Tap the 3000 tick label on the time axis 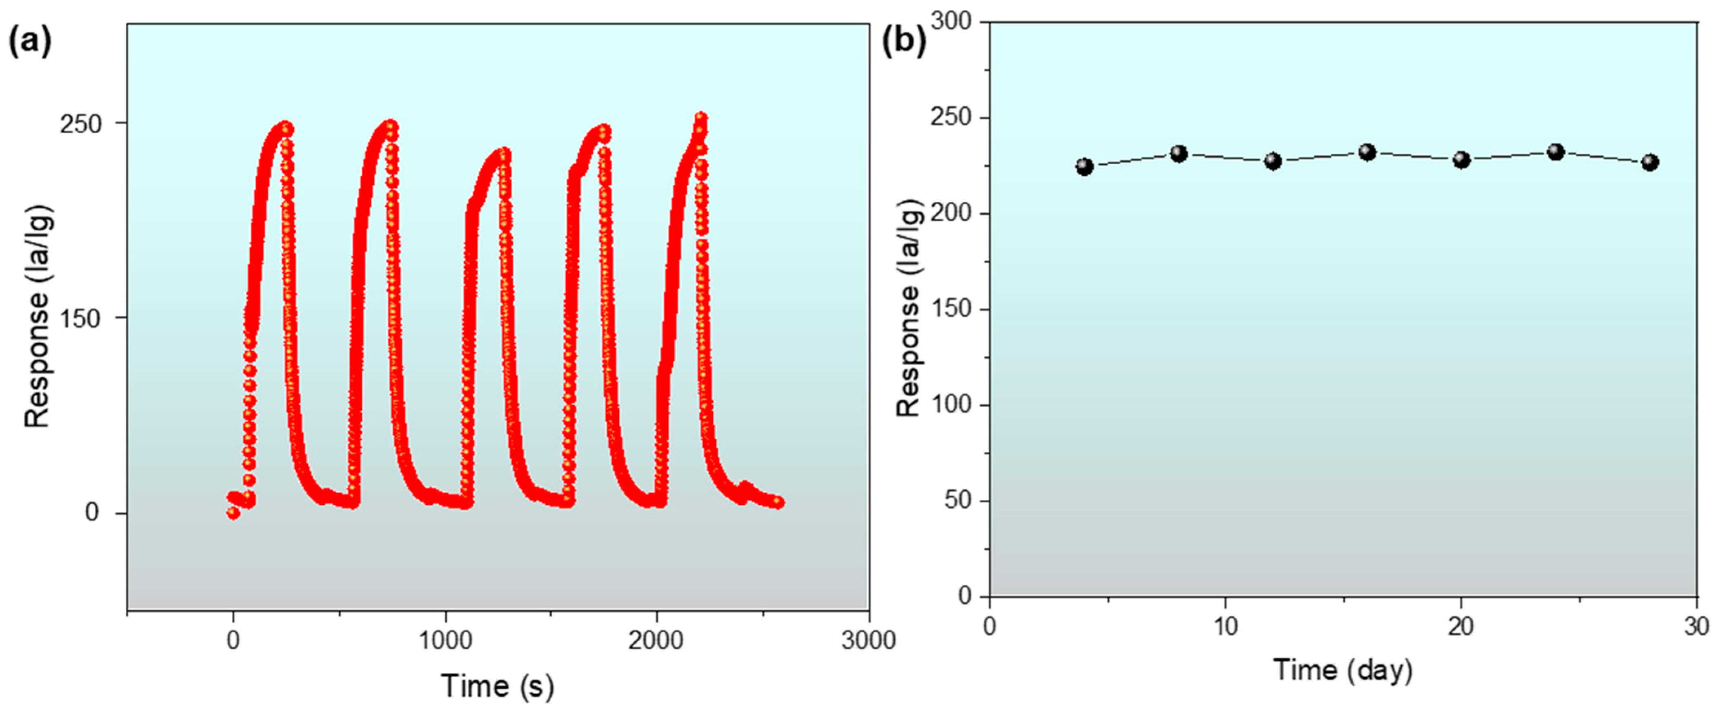click(x=868, y=640)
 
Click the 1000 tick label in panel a click(x=445, y=640)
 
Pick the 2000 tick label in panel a click(x=657, y=640)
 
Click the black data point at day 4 click(x=1085, y=167)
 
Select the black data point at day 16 click(x=1367, y=152)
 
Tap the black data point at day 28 click(x=1650, y=163)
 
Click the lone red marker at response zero click(x=233, y=512)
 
